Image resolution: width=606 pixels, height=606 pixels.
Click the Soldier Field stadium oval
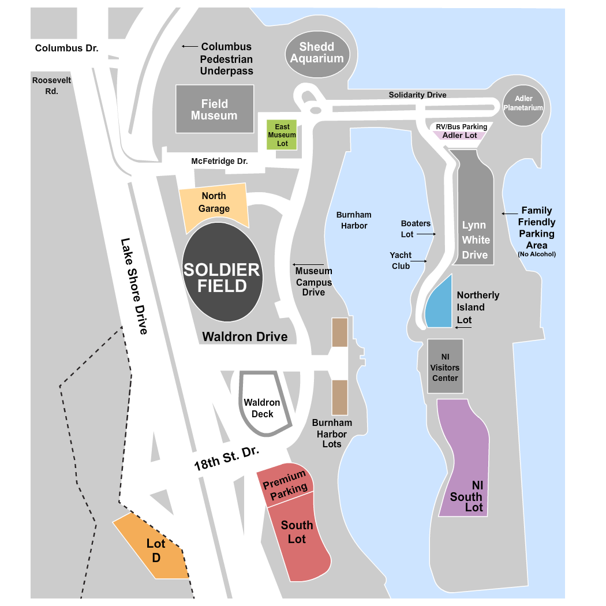pyautogui.click(x=223, y=272)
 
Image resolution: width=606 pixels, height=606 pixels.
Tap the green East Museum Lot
pyautogui.click(x=282, y=134)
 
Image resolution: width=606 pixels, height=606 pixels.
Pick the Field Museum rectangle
pyautogui.click(x=215, y=109)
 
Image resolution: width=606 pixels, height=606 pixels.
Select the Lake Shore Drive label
pyautogui.click(x=134, y=286)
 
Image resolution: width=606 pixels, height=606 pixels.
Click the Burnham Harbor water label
pyautogui.click(x=354, y=220)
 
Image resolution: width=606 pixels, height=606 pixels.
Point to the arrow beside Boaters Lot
pyautogui.click(x=425, y=234)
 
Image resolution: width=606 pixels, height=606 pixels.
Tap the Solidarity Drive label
pyautogui.click(x=417, y=95)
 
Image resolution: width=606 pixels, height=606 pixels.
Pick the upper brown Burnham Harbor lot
pyautogui.click(x=339, y=332)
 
